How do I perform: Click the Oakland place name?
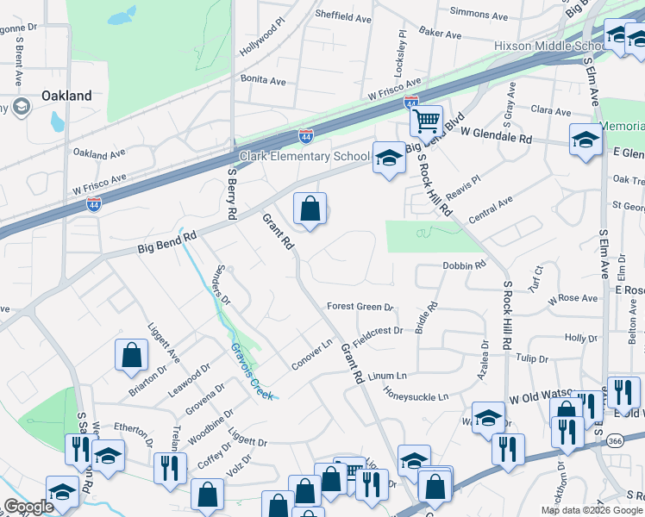pos(66,96)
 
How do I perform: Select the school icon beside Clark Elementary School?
pos(389,158)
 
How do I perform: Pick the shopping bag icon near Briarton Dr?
pos(131,354)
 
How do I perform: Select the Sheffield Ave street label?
pos(342,17)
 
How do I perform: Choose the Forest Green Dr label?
pos(360,307)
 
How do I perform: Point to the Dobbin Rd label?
pos(464,266)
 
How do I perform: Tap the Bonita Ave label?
pos(263,80)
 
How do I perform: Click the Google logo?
pos(29,507)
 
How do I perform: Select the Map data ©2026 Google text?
pos(592,510)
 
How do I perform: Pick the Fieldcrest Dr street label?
pos(378,331)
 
